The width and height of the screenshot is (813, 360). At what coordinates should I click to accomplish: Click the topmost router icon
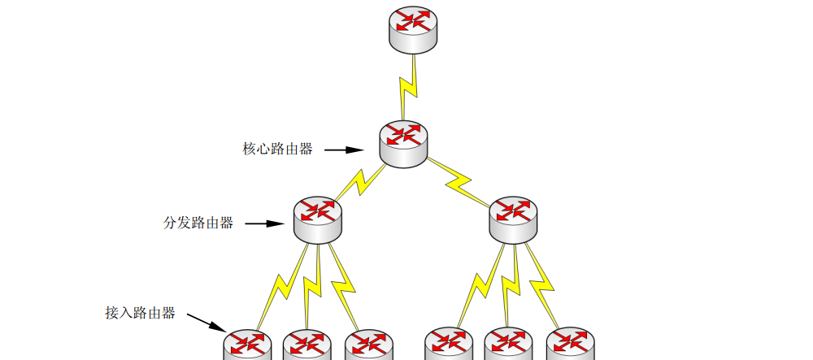click(414, 28)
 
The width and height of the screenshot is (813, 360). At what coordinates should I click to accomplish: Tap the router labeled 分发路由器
click(317, 217)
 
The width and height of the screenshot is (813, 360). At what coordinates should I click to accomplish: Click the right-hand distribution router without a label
click(513, 217)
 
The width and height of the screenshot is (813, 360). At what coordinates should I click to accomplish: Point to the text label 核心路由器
click(277, 150)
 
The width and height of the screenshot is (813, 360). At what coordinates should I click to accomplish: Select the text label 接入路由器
click(140, 313)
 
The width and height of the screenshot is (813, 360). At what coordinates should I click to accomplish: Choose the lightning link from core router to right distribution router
click(460, 181)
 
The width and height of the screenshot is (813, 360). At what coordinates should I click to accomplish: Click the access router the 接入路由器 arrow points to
click(246, 345)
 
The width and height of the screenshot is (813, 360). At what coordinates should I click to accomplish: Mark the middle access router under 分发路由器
click(307, 345)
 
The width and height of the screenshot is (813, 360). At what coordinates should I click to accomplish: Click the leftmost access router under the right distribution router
click(448, 345)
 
